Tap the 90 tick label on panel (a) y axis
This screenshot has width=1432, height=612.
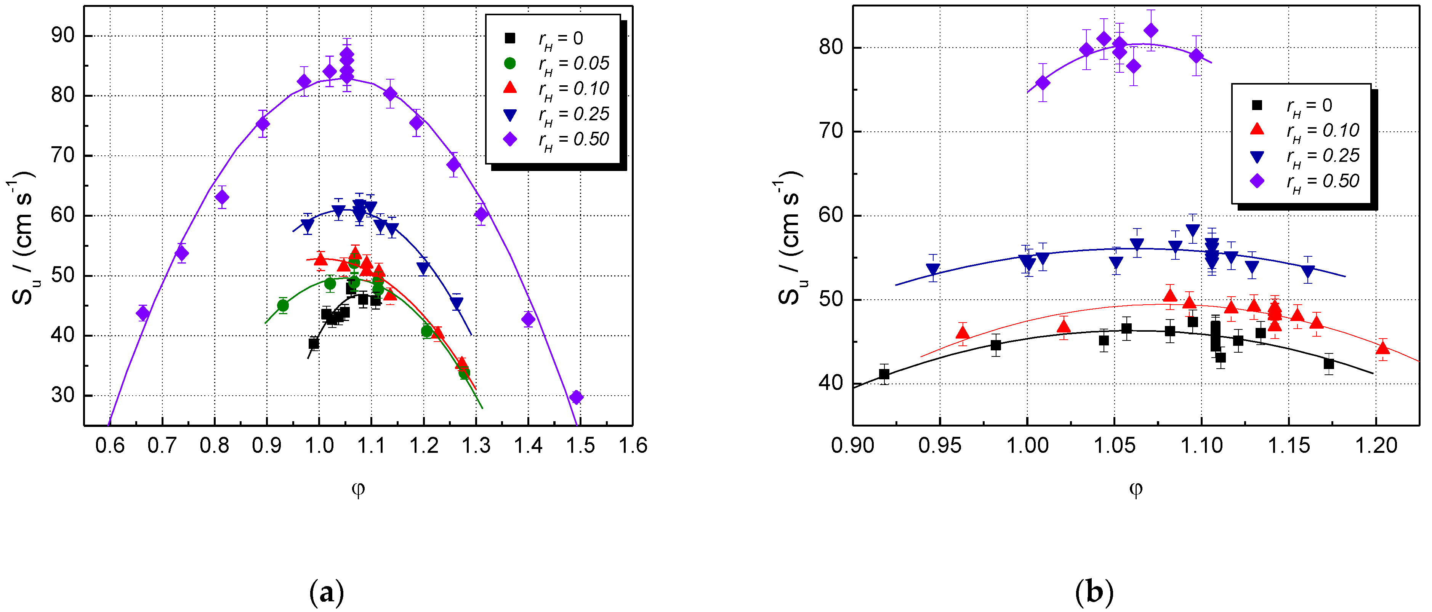click(x=62, y=35)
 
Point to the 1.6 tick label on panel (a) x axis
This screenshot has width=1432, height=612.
click(x=633, y=446)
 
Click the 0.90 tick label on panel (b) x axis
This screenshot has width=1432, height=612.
click(x=853, y=446)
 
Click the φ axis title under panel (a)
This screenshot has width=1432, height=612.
click(x=358, y=489)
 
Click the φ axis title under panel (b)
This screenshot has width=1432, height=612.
click(x=1136, y=489)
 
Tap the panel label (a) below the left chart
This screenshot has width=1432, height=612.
click(x=326, y=593)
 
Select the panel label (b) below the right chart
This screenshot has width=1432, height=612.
click(x=1094, y=593)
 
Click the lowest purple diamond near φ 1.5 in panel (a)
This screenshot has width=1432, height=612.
click(x=577, y=397)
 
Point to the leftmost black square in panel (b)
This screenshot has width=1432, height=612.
click(x=884, y=374)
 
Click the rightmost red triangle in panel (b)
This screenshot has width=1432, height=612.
click(x=1382, y=348)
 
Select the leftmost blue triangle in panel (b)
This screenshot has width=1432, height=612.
click(x=933, y=270)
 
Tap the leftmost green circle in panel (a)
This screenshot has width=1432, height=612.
click(x=282, y=305)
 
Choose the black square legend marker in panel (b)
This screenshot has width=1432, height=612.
click(x=1256, y=105)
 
